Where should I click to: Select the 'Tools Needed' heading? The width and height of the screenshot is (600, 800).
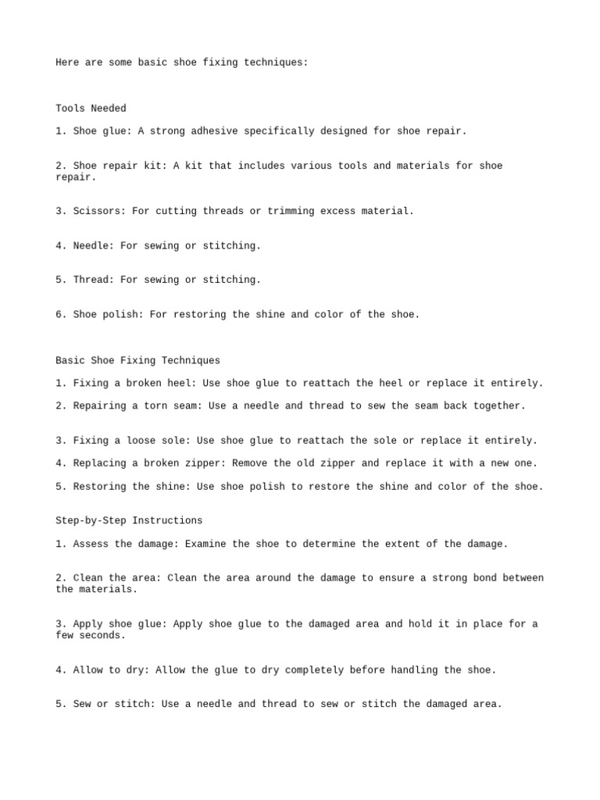tap(91, 109)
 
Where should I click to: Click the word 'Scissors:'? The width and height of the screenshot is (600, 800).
tap(99, 211)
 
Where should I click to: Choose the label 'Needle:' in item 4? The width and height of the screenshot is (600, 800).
tap(94, 245)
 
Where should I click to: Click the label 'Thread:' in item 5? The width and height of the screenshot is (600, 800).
tap(94, 280)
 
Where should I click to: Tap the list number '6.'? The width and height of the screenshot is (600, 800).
tap(62, 314)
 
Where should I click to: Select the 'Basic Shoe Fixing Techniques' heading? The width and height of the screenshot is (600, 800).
tap(137, 360)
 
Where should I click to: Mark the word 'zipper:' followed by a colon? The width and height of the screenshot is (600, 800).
tap(205, 463)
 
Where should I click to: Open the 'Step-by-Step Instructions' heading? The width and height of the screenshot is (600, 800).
tap(129, 520)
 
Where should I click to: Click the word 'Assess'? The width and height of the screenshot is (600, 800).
tap(91, 544)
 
